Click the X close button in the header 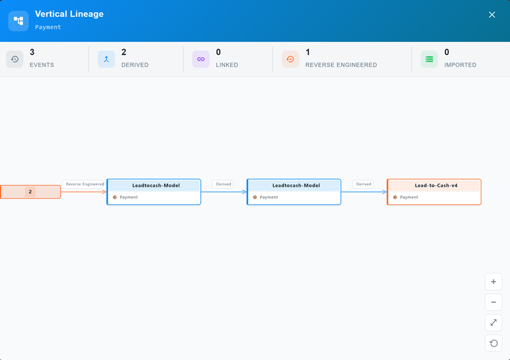point(492,15)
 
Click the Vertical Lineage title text point(69,14)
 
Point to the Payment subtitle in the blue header point(48,27)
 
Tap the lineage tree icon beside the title point(18,21)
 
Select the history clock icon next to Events point(15,59)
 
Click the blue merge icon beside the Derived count point(106,59)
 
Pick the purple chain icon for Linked point(201,59)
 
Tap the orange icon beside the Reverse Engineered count point(290,59)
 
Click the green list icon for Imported point(429,59)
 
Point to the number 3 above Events point(32,52)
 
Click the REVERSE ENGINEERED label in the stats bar point(341,65)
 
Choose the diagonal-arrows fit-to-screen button point(493,322)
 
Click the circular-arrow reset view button point(493,343)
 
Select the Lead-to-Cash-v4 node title point(436,185)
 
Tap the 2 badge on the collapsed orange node point(30,192)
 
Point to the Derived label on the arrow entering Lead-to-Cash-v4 point(363,184)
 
